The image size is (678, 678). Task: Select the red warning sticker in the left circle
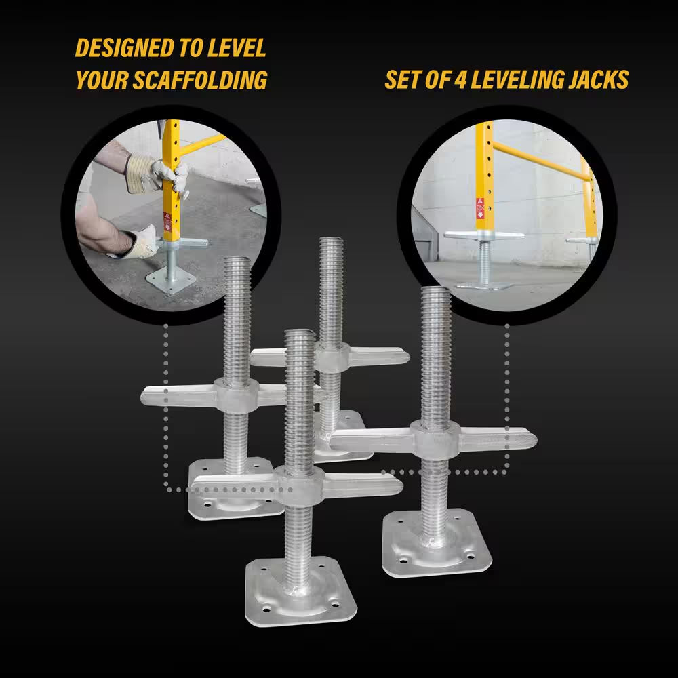coord(167,220)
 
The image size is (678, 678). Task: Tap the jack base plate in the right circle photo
coord(483,285)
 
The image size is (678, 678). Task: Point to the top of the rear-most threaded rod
coord(331,243)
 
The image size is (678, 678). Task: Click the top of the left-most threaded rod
coord(237,262)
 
